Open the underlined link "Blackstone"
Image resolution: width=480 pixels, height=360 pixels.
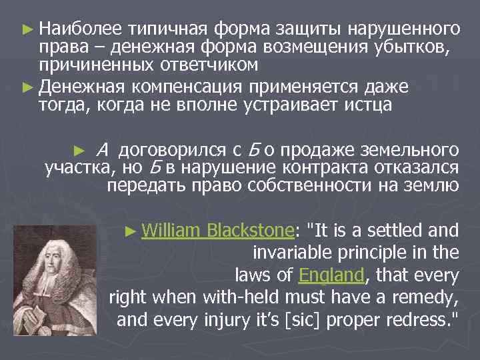(x=250, y=231)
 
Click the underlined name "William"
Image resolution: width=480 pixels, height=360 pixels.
(x=171, y=231)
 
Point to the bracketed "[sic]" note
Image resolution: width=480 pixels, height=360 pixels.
(x=307, y=319)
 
